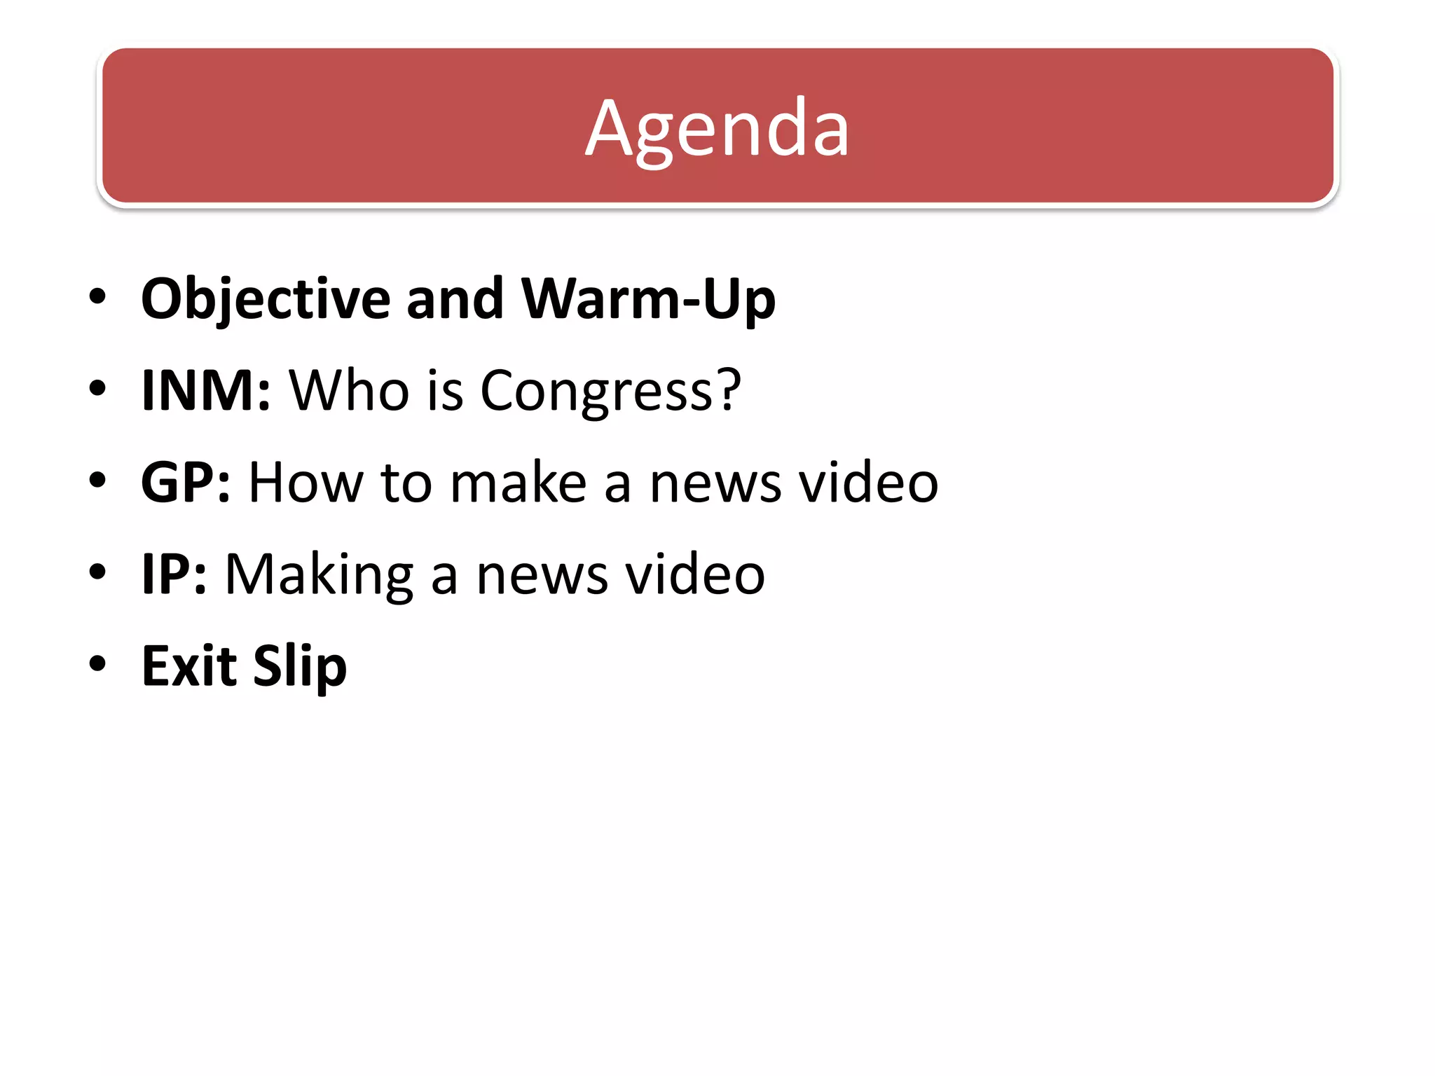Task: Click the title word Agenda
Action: pos(717,128)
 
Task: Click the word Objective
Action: pos(266,299)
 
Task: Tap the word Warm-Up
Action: pos(648,299)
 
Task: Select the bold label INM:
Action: pos(205,390)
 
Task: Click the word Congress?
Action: pos(610,390)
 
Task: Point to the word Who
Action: pos(349,390)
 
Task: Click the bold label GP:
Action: pos(185,483)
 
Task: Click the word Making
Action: pos(319,574)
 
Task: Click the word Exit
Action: pos(188,665)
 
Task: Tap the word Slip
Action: pos(300,665)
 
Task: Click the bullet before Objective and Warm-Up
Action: pos(97,296)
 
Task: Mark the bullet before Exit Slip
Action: pos(97,663)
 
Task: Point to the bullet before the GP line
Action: pos(97,481)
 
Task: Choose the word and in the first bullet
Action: pos(455,299)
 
